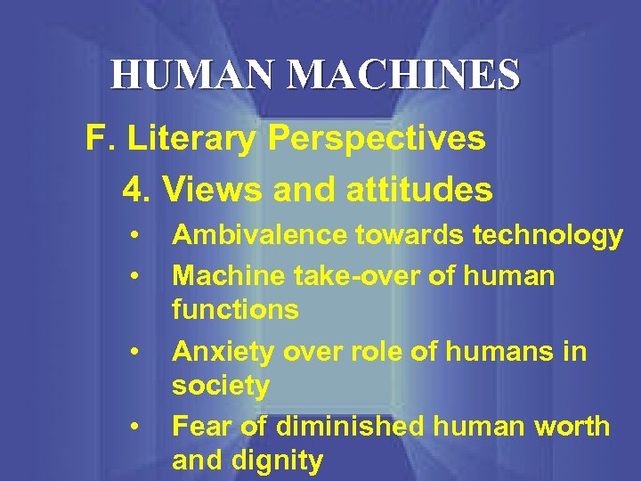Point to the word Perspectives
(x=376, y=139)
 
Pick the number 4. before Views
(x=137, y=189)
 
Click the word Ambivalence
(x=260, y=235)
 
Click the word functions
(x=235, y=311)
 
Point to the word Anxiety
(x=221, y=353)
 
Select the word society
(x=221, y=387)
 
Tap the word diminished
(x=347, y=427)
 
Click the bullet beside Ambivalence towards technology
(x=132, y=236)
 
